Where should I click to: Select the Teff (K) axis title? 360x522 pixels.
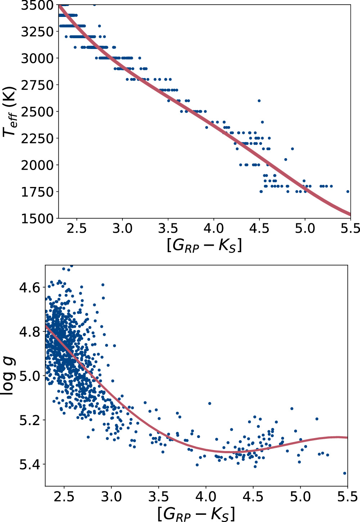[x=9, y=112]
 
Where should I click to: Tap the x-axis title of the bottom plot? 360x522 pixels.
[x=196, y=513]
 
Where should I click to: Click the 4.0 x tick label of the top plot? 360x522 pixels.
[x=213, y=228]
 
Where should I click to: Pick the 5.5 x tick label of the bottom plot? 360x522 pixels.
[x=348, y=497]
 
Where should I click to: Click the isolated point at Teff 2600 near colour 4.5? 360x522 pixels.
[x=259, y=101]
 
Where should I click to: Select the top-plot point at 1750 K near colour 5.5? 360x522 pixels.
[x=348, y=192]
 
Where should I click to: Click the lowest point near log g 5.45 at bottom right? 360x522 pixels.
[x=345, y=473]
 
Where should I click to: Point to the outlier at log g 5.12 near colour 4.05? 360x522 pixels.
[x=210, y=403]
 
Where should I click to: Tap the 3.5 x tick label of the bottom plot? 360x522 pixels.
[x=158, y=497]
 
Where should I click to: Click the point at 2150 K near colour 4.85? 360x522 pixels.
[x=292, y=149]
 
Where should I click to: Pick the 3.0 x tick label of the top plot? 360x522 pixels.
[x=122, y=228]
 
